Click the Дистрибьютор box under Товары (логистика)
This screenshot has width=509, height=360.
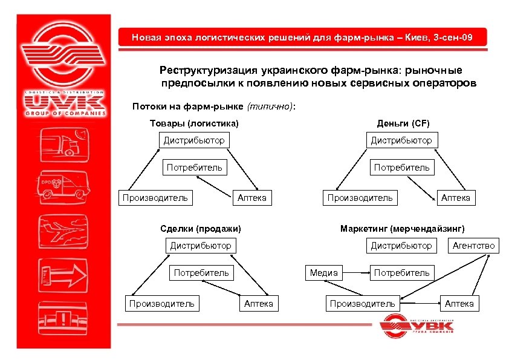tap(194, 140)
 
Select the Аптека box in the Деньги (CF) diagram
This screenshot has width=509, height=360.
tap(456, 198)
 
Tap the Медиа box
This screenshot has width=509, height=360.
tap(323, 273)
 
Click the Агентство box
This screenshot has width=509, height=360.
tap(473, 245)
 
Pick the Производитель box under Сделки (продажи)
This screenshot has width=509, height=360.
tap(161, 304)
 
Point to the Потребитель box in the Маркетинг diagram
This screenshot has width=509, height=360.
tap(401, 273)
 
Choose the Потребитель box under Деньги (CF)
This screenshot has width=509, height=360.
tap(402, 167)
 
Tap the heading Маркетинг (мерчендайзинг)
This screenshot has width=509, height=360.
tap(403, 229)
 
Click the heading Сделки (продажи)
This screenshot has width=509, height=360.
tap(200, 229)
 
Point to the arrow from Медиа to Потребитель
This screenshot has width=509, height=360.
tap(355, 273)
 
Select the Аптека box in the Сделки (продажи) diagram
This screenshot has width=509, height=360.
tap(258, 304)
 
